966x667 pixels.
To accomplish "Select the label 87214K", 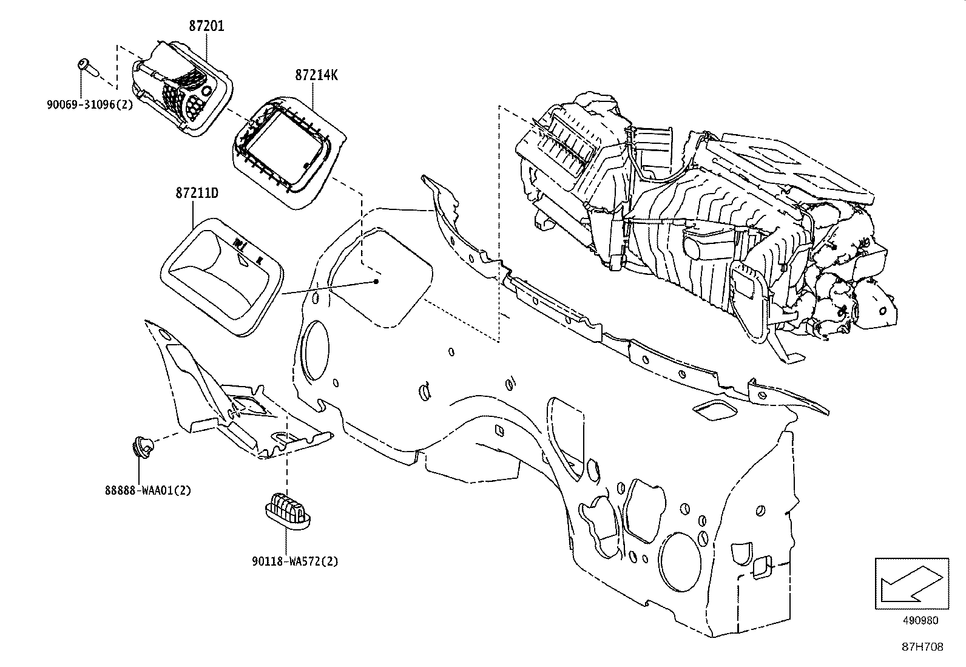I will [317, 75].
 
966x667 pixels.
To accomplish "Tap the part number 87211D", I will [197, 193].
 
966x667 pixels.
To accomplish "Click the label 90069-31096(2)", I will [90, 104].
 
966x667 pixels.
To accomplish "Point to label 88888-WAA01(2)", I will [147, 490].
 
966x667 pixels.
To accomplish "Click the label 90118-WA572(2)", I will [294, 561].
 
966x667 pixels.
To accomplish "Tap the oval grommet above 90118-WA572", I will [288, 507].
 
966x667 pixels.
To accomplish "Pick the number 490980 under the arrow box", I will [920, 621].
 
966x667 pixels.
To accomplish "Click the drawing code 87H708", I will [922, 647].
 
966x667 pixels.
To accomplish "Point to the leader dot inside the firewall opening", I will [377, 282].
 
